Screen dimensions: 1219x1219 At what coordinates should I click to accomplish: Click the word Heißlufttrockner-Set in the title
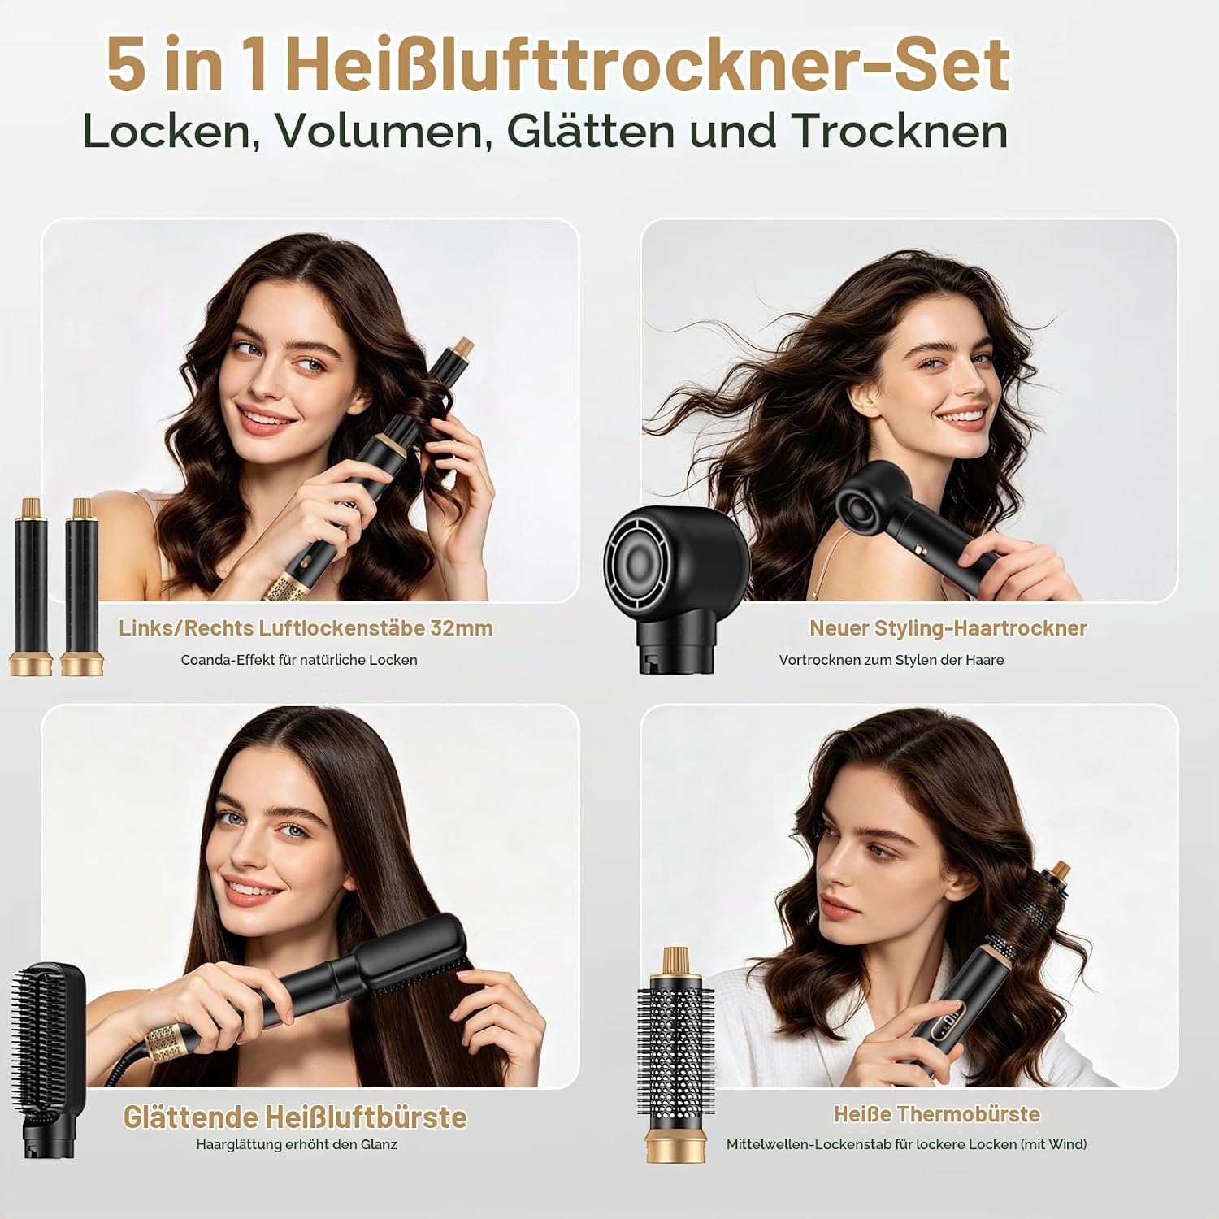click(x=647, y=64)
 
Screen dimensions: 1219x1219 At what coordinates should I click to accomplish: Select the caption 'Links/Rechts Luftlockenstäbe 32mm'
click(x=306, y=628)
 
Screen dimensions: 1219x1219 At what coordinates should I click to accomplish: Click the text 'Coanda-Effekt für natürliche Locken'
click(x=299, y=660)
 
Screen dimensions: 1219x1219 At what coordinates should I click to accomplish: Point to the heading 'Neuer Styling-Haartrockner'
click(x=948, y=628)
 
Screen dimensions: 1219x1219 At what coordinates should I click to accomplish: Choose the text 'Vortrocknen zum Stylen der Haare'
click(x=891, y=660)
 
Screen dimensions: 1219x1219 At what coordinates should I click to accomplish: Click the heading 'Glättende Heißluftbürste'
click(x=295, y=1117)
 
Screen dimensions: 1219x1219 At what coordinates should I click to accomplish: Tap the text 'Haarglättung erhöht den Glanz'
click(x=297, y=1144)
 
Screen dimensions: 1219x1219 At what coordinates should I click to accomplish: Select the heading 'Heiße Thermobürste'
click(x=937, y=1113)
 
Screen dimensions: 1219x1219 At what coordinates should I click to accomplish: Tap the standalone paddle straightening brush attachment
click(x=47, y=1060)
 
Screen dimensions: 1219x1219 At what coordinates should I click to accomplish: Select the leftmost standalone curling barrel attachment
click(x=31, y=587)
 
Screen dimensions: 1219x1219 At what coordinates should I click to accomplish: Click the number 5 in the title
click(x=127, y=65)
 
